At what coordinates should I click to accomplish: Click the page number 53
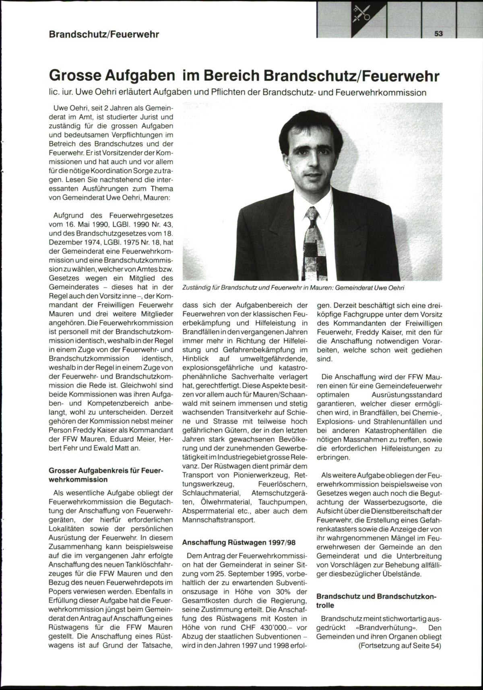pyautogui.click(x=438, y=34)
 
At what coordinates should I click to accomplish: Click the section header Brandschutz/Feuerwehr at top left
pyautogui.click(x=104, y=34)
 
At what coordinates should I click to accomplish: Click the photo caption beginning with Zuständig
pyautogui.click(x=293, y=288)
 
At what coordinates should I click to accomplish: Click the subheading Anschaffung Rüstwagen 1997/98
pyautogui.click(x=239, y=542)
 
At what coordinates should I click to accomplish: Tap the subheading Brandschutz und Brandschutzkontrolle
pyautogui.click(x=376, y=601)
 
